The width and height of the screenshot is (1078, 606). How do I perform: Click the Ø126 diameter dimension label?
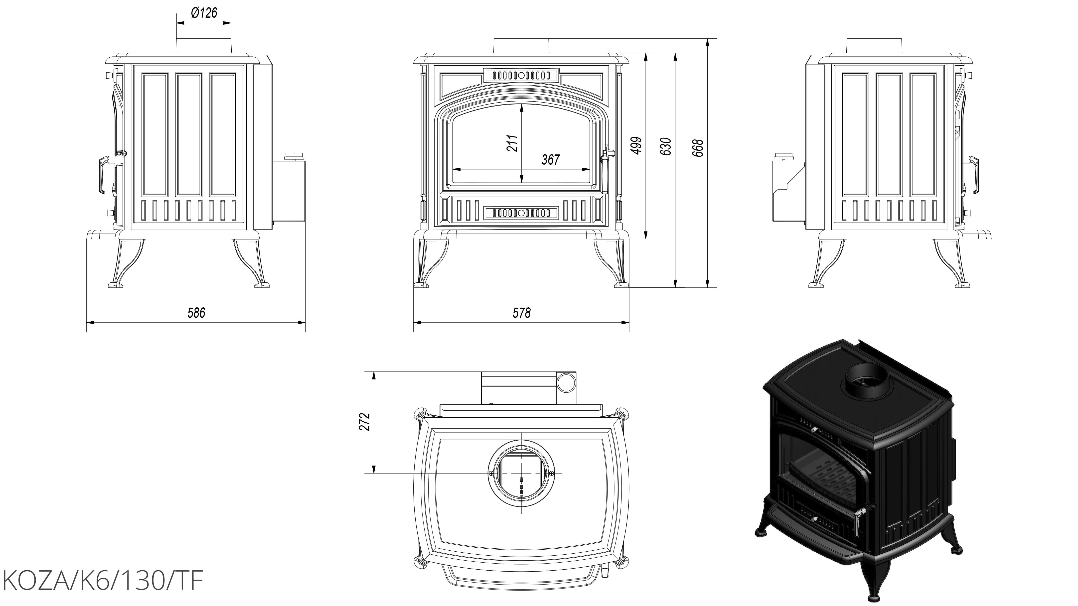pos(204,13)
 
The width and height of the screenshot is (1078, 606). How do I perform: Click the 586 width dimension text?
pos(196,313)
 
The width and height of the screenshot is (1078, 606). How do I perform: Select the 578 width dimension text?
pos(521,313)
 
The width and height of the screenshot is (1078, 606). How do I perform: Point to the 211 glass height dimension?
pos(512,143)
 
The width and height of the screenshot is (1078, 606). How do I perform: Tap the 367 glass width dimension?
pos(550,160)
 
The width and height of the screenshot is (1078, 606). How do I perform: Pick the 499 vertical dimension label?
pos(636,145)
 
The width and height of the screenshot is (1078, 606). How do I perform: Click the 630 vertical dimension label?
pos(665,146)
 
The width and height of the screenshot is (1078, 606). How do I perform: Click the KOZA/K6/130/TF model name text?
pos(103,581)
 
